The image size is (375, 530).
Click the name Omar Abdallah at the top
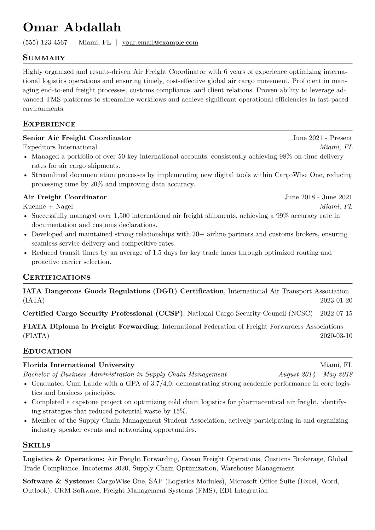[x=72, y=28]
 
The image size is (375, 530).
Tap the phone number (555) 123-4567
[x=45, y=43]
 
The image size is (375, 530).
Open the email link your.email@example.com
[x=160, y=43]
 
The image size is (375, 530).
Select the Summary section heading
[x=44, y=58]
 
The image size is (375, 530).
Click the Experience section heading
[x=49, y=124]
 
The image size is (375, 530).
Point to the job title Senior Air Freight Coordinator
[x=77, y=138]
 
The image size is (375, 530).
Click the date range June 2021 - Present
[x=322, y=138]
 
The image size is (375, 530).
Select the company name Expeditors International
[x=60, y=147]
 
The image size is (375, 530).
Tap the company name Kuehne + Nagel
[x=48, y=206]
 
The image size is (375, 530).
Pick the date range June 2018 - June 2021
[x=318, y=197]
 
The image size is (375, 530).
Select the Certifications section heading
[x=57, y=277]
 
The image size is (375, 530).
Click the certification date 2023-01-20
[x=336, y=300]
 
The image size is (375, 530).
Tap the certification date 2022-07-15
[x=336, y=313]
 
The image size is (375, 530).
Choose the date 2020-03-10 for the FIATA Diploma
[x=336, y=336]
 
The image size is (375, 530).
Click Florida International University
[x=78, y=365]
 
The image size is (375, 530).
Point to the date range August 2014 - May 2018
[x=315, y=374]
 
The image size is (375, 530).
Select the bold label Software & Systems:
[x=59, y=481]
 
